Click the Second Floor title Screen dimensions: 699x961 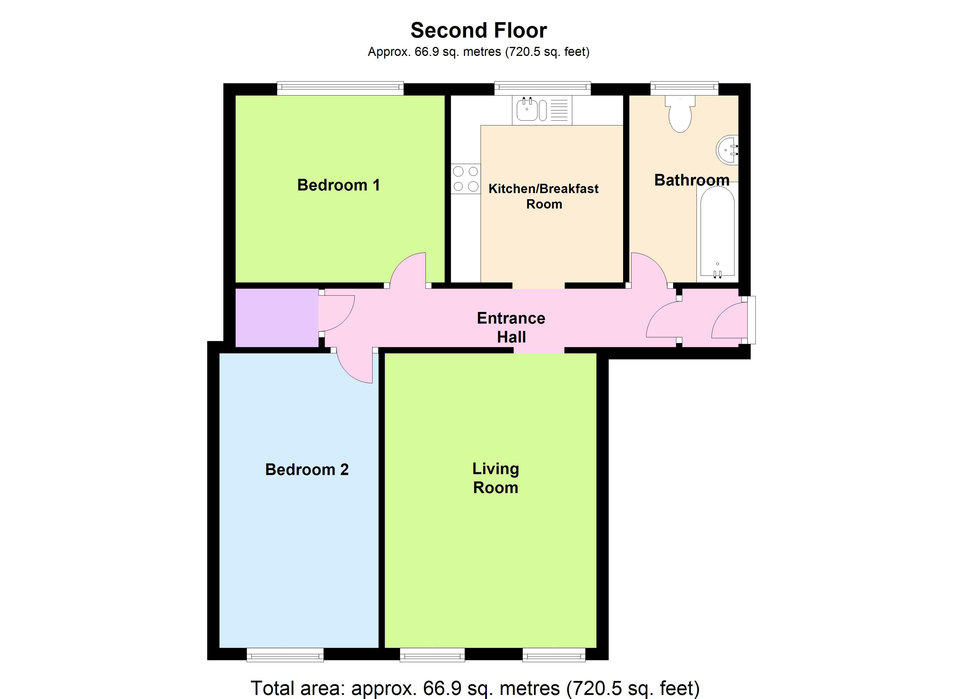coord(478,31)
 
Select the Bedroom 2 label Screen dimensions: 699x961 coord(307,470)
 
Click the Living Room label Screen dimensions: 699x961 coord(495,478)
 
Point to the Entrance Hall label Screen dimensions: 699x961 coord(511,327)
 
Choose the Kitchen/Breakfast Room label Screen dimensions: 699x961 coord(544,196)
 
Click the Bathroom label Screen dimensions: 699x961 coord(692,180)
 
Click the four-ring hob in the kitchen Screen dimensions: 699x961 coord(466,179)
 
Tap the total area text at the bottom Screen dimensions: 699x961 coord(475,688)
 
